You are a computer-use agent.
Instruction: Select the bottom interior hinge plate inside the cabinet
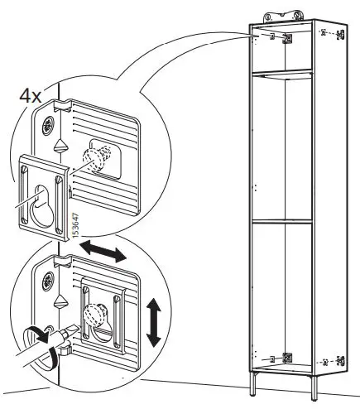(x=286, y=358)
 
